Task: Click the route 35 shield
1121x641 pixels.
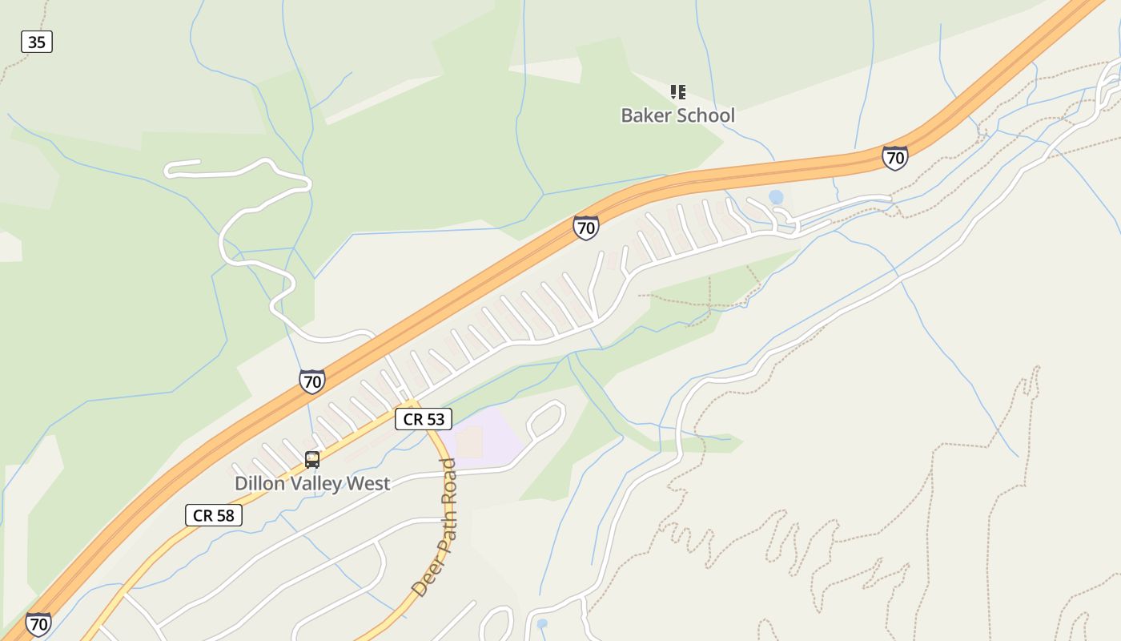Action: click(37, 42)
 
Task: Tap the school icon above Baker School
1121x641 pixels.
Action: click(678, 92)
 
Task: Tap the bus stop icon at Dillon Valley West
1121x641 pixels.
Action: click(312, 460)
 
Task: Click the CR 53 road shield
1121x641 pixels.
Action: click(424, 419)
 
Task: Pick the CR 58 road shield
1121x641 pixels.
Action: click(214, 515)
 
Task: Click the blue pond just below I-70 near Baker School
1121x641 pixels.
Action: click(776, 196)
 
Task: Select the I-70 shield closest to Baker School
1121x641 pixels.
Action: click(895, 158)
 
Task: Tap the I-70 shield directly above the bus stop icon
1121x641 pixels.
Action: click(312, 381)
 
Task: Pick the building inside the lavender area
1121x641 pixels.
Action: click(470, 441)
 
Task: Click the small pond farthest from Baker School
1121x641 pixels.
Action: click(542, 623)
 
